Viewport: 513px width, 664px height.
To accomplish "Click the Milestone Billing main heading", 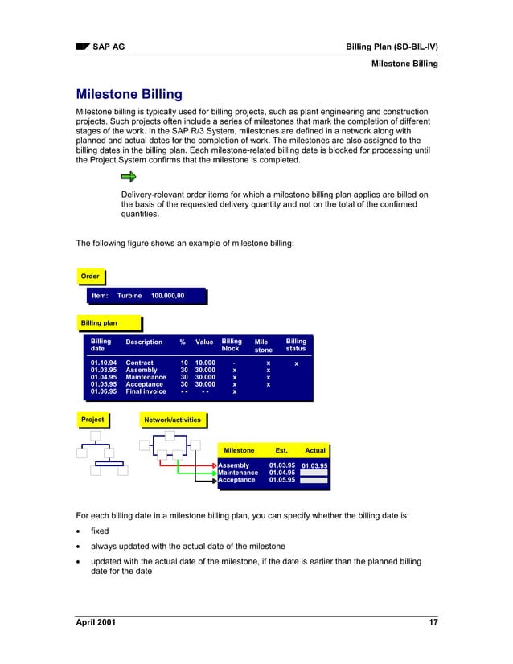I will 129,94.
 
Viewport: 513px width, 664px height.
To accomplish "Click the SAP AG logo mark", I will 82,47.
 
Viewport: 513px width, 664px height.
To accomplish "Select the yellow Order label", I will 90,277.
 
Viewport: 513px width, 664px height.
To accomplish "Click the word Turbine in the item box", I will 129,297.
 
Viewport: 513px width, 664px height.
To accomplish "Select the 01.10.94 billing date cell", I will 103,363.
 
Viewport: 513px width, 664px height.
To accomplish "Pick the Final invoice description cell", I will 146,391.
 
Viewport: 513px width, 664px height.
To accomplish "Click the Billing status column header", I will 296,346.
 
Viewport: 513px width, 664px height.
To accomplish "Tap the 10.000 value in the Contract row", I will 203,363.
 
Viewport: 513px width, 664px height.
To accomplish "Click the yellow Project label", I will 92,419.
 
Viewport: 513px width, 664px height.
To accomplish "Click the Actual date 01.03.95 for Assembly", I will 314,465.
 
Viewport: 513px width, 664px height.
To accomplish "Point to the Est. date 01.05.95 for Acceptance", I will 281,480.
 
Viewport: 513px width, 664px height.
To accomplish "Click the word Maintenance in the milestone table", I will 238,473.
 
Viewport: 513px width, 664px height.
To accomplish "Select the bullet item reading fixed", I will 101,531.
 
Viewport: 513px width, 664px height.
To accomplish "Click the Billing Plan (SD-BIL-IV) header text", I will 392,47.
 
